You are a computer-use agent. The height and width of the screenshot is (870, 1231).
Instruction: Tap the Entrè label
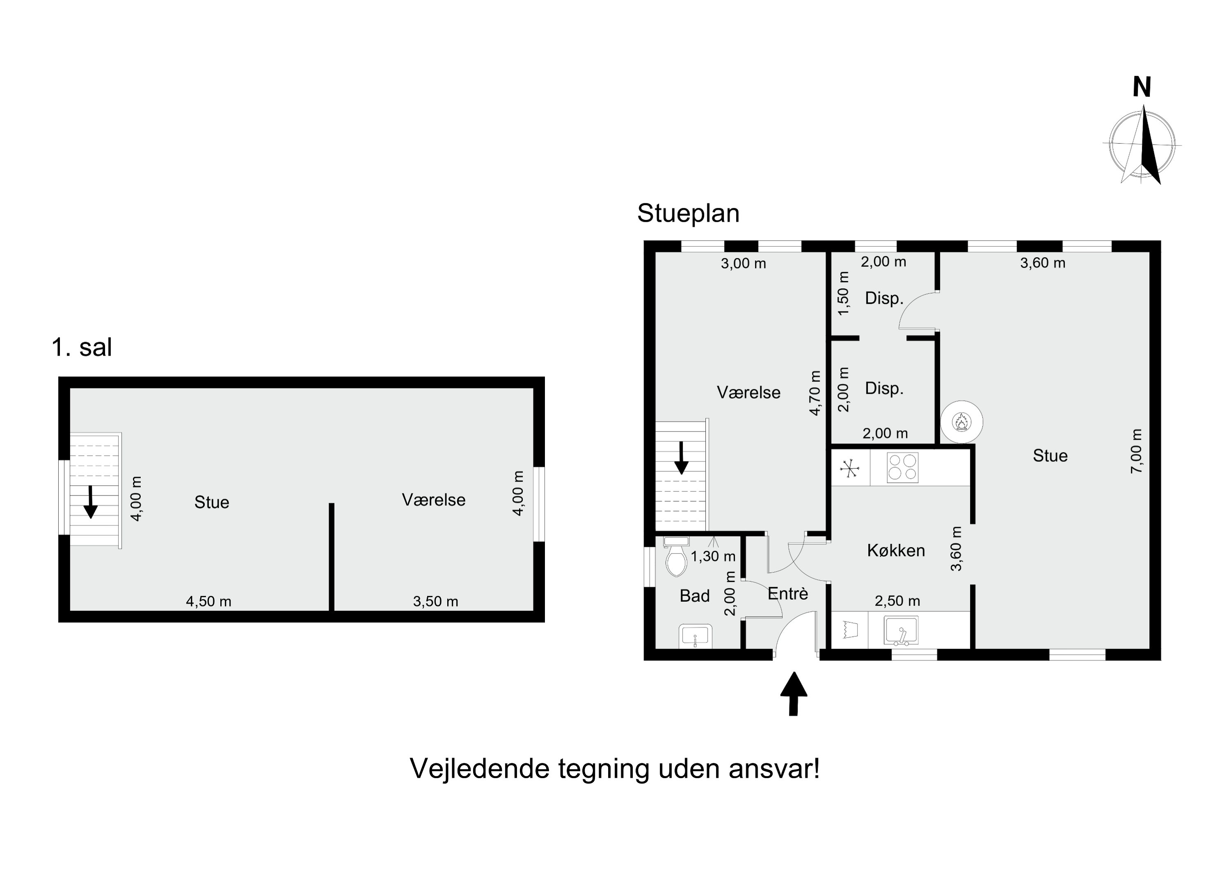(x=787, y=594)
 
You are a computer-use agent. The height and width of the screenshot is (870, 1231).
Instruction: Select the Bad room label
(x=694, y=596)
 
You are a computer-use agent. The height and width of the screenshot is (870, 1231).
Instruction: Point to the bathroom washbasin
(x=696, y=636)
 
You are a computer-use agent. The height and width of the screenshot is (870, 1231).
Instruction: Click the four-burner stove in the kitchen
(x=903, y=468)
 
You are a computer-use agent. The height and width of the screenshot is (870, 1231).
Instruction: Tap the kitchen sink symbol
(x=901, y=631)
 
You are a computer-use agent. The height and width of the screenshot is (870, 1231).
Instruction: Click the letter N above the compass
(x=1142, y=87)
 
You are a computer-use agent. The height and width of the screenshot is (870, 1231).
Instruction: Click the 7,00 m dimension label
(x=1136, y=451)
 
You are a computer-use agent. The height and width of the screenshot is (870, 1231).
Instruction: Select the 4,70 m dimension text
(x=815, y=393)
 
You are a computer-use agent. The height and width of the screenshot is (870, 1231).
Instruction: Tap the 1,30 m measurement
(x=713, y=556)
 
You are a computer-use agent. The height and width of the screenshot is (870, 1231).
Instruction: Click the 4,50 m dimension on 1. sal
(x=208, y=601)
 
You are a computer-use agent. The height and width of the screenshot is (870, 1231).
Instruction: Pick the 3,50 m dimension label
(x=435, y=601)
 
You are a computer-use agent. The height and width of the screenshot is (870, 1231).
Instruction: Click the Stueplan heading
(x=689, y=214)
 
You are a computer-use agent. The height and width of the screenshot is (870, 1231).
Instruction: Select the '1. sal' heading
(x=82, y=347)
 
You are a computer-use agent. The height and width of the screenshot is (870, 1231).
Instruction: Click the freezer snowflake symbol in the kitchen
(x=850, y=468)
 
